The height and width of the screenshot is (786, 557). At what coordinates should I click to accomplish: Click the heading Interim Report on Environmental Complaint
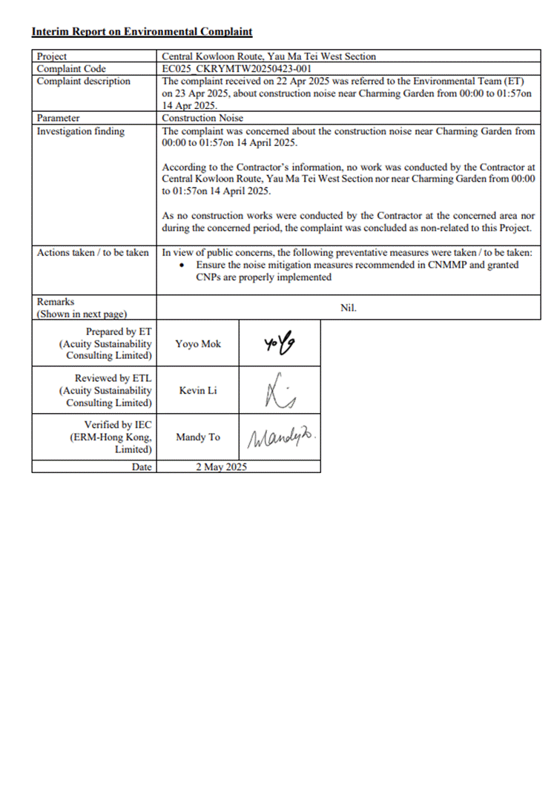pos(142,32)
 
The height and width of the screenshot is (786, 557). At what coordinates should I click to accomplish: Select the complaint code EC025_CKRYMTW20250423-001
pos(230,69)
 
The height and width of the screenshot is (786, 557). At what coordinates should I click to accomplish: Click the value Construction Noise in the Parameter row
pos(202,118)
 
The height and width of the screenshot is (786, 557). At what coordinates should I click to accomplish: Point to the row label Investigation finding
pos(81,131)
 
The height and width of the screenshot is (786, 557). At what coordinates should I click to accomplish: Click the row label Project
pos(52,56)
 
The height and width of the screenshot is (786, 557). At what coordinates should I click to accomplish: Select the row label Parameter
pos(59,118)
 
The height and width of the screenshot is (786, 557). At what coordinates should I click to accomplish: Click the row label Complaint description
pos(84,82)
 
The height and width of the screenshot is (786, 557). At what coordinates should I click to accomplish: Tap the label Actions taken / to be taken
pos(93,253)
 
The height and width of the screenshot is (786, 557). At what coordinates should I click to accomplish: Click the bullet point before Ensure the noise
pos(183,265)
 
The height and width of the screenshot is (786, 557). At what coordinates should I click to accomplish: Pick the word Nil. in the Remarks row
pos(349,307)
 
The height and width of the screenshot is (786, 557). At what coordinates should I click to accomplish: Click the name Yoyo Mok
pos(197,344)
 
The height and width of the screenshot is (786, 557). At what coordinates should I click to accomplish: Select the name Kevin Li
pos(197,390)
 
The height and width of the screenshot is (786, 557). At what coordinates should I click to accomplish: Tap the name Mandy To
pos(197,437)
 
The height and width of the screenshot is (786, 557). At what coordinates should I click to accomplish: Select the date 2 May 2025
pos(221,467)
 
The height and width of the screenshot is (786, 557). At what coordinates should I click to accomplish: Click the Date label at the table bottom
pos(142,467)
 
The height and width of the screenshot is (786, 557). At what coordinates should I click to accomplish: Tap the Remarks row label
pos(56,302)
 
